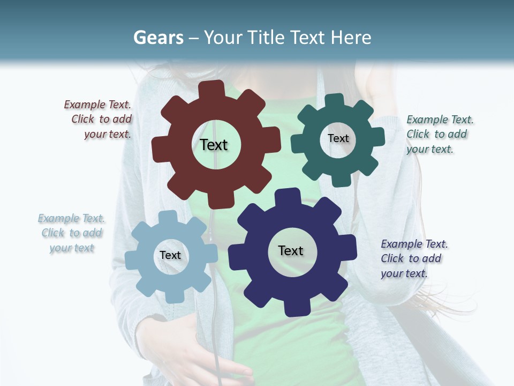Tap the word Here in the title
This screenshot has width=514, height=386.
click(351, 38)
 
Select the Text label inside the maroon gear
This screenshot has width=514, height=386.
click(214, 145)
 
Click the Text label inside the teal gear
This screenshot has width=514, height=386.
click(338, 138)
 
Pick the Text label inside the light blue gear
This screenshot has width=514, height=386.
click(170, 255)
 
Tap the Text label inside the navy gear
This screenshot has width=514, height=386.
click(291, 250)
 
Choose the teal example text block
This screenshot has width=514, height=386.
click(439, 135)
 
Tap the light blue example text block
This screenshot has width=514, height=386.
click(72, 233)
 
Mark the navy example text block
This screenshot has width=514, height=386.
click(414, 259)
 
